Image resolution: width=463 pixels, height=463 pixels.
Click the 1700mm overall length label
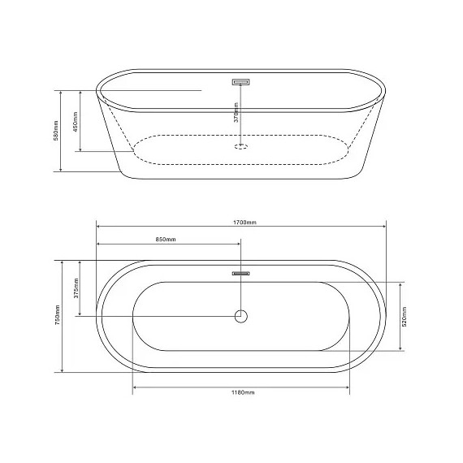coord(244,223)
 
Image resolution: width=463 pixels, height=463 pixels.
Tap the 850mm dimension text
coord(166,239)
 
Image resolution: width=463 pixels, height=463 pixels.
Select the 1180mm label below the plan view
coord(243,392)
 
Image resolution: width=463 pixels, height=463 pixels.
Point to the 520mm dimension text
coord(405,317)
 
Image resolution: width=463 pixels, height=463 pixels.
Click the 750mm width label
coord(58,315)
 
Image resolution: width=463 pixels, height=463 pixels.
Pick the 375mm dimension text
coord(76,288)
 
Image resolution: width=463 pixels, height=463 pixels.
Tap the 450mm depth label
coord(75,122)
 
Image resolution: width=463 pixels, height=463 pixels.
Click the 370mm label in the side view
coord(236,113)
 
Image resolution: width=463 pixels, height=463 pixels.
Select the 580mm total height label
coord(56,131)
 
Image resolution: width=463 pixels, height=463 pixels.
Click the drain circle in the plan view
coord(241,316)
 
